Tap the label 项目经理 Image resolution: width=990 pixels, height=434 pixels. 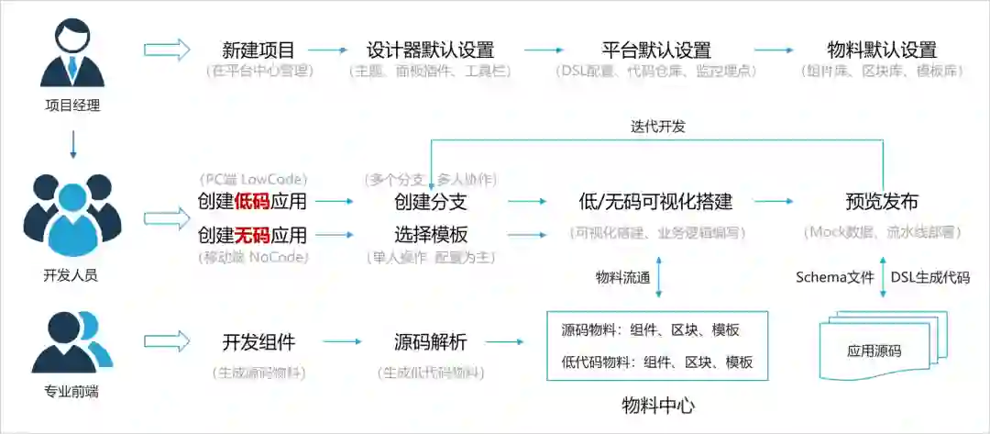pyautogui.click(x=71, y=105)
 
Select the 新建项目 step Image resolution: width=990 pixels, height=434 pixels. pyautogui.click(x=258, y=50)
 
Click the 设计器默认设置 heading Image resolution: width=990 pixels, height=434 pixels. pyautogui.click(x=430, y=50)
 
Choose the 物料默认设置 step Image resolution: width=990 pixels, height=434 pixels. pyautogui.click(x=881, y=50)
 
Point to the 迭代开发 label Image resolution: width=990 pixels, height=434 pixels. pyautogui.click(x=657, y=127)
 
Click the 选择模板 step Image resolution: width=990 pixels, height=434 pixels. pyautogui.click(x=431, y=235)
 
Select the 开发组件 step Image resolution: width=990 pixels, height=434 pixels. pyautogui.click(x=258, y=342)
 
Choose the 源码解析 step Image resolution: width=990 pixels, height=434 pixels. pyautogui.click(x=430, y=342)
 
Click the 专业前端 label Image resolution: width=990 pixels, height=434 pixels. pyautogui.click(x=71, y=392)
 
